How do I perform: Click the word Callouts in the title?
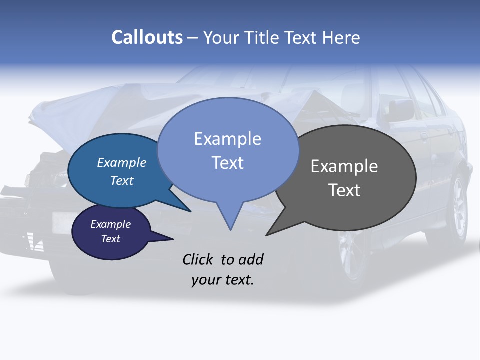pos(147,37)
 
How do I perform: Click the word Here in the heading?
pos(341,37)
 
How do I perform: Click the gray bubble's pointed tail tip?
pos(267,234)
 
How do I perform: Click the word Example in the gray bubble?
pos(344,166)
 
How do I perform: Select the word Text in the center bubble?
pos(227,163)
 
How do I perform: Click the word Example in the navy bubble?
pos(110,224)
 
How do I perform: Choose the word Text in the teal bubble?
pos(122,180)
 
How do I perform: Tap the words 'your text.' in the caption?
pos(222,280)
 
